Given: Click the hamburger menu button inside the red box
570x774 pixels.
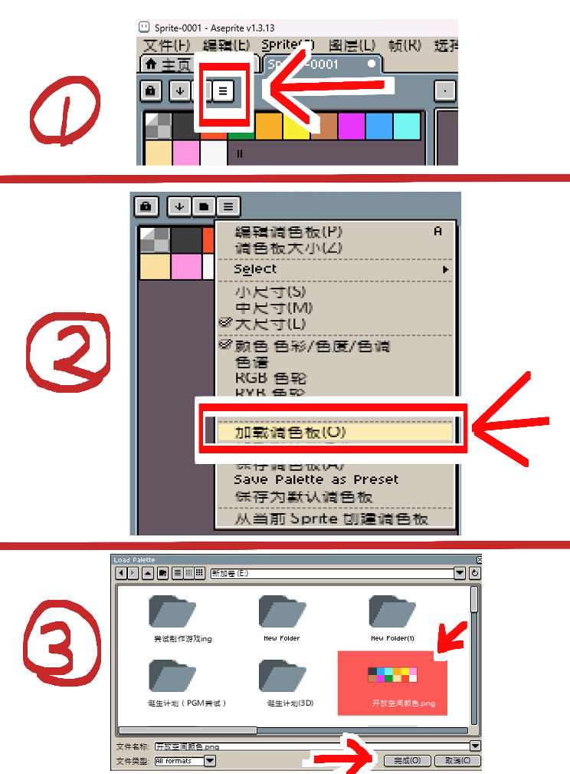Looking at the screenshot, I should (223, 91).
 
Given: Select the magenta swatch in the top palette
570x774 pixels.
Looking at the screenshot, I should (351, 126).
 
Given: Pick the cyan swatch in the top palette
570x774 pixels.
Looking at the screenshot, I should (407, 126).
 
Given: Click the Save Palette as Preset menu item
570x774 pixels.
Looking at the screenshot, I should (316, 479).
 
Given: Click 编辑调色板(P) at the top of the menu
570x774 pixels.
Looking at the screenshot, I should (288, 232).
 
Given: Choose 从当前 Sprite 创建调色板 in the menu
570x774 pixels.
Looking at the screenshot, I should (331, 519).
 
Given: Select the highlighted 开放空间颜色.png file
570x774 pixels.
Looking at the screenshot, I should (392, 682).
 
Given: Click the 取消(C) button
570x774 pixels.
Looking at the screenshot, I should (457, 761).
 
